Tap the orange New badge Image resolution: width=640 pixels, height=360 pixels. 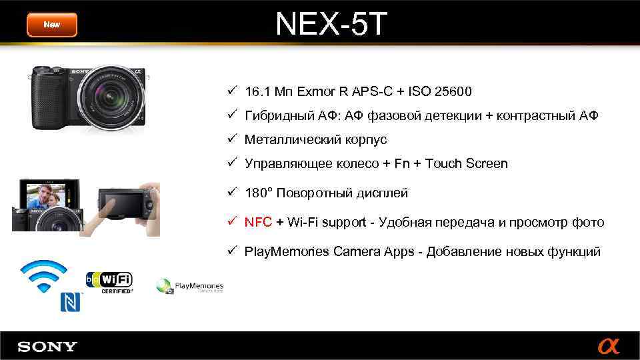tap(52, 25)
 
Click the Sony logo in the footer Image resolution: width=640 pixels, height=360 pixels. tap(47, 347)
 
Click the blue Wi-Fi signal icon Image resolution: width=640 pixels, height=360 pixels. tap(44, 275)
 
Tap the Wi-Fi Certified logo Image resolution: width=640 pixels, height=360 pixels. tap(109, 282)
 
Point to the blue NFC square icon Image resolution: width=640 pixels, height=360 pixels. tap(71, 302)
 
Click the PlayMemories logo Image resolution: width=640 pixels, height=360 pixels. tap(190, 287)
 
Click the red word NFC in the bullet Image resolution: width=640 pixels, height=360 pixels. tap(258, 222)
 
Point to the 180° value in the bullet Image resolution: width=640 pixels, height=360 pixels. tap(257, 193)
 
